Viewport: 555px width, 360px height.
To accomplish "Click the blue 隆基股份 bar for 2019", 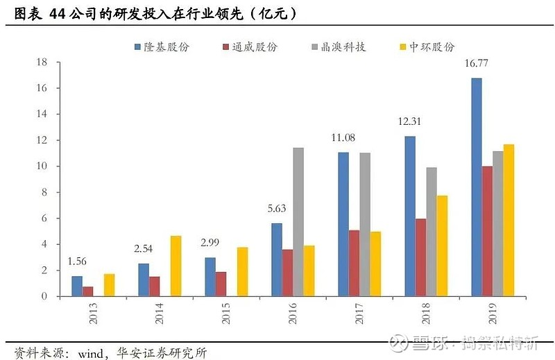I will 477,187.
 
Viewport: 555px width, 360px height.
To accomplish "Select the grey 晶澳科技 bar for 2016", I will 298,222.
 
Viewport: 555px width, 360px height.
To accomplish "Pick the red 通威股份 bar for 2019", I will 488,231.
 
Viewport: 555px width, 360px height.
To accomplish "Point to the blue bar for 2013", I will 77,286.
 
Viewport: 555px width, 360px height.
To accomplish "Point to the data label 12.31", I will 410,121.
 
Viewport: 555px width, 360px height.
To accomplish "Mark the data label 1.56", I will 78,262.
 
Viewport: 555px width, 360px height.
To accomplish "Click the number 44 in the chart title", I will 58,13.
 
